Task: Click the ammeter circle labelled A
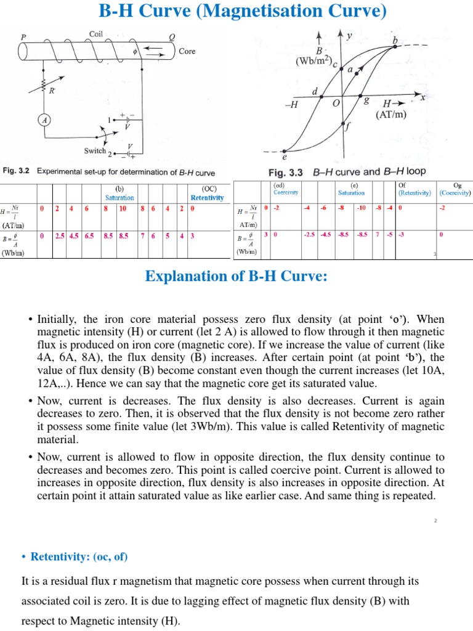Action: tap(45, 120)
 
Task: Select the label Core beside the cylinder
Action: tap(187, 51)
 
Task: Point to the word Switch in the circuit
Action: tap(95, 150)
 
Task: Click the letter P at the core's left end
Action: tap(23, 37)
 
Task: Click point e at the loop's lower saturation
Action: tap(285, 157)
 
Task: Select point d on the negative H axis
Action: tap(315, 92)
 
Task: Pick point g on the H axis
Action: tap(367, 100)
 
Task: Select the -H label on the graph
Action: tap(291, 104)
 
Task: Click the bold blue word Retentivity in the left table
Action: tap(207, 198)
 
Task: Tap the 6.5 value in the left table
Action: tap(91, 235)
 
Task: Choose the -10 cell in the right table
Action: tap(362, 208)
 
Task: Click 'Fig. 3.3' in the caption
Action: tap(289, 171)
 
